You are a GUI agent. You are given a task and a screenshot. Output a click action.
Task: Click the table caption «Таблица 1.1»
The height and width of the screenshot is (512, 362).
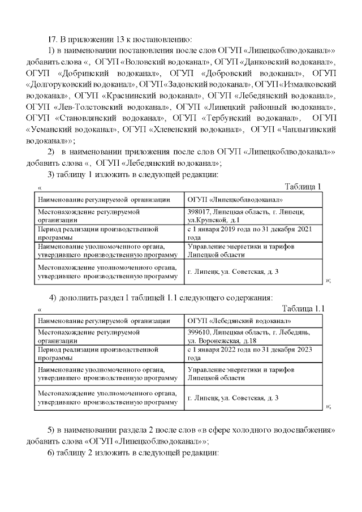click(x=303, y=308)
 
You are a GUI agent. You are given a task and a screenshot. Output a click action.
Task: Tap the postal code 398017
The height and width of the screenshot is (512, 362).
click(x=199, y=212)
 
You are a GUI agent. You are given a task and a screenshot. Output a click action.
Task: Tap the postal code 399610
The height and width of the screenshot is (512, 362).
click(x=199, y=333)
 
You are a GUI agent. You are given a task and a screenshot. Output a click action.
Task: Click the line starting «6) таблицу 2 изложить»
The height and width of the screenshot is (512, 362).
click(x=133, y=453)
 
